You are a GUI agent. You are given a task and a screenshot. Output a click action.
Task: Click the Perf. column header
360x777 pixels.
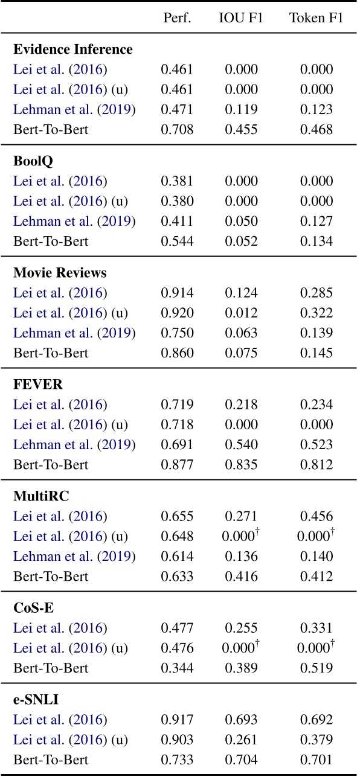coord(177,18)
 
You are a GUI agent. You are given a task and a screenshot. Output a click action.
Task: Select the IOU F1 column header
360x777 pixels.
coord(241,18)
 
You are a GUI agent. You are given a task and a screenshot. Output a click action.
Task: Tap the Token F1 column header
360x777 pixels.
coord(317,18)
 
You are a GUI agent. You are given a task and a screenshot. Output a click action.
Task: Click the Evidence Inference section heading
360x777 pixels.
coord(73,49)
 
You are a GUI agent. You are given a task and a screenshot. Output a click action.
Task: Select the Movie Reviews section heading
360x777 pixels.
coord(60,273)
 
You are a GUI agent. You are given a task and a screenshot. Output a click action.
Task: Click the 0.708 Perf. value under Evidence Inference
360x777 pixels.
coord(177,130)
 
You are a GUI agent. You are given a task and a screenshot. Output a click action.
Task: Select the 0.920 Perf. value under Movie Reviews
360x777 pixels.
coord(177,313)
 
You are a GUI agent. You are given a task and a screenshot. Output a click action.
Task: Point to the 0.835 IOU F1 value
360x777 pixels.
coord(241,464)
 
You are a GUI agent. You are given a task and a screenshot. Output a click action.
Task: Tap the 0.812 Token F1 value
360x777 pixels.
coord(317,464)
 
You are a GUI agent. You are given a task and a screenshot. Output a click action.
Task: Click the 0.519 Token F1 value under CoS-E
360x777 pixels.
coord(317,668)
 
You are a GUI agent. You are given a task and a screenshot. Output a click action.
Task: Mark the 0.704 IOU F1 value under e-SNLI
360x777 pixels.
coord(241,759)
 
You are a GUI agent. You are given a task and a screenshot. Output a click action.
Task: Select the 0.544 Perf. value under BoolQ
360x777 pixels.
coord(177,241)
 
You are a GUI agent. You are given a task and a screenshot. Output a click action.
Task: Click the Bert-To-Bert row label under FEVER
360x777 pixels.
coord(51,464)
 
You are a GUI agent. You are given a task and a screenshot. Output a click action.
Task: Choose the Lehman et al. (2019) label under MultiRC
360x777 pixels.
coord(74,556)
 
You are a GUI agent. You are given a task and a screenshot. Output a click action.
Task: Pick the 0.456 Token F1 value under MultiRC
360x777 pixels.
coord(317,516)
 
